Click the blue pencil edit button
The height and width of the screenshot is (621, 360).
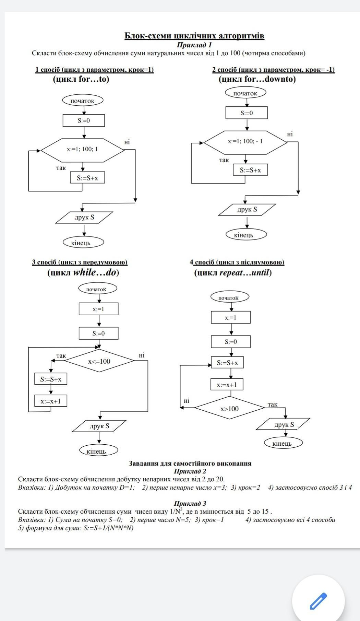pyautogui.click(x=318, y=601)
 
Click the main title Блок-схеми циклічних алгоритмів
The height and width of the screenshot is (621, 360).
pyautogui.click(x=194, y=36)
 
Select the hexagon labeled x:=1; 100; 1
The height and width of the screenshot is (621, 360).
pyautogui.click(x=82, y=150)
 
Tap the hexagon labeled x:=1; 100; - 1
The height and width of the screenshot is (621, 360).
pyautogui.click(x=245, y=141)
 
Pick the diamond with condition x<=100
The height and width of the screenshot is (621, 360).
pyautogui.click(x=99, y=361)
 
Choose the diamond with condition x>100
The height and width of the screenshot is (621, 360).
pyautogui.click(x=229, y=409)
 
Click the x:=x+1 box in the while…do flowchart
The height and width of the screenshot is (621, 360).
pyautogui.click(x=51, y=401)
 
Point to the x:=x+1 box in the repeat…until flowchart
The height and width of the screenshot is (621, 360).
pyautogui.click(x=227, y=385)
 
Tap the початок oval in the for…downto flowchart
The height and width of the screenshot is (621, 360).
pyautogui.click(x=245, y=93)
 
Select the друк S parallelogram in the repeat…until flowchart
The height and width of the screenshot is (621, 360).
pyautogui.click(x=284, y=424)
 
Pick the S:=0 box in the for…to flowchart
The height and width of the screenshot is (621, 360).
pyautogui.click(x=84, y=120)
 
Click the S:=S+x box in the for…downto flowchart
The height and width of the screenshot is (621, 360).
pyautogui.click(x=250, y=170)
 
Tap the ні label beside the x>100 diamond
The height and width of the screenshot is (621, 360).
pyautogui.click(x=187, y=401)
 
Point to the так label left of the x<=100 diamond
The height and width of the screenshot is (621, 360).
pyautogui.click(x=61, y=356)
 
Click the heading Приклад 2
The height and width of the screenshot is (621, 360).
pyautogui.click(x=190, y=471)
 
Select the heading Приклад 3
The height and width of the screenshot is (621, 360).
pyautogui.click(x=190, y=503)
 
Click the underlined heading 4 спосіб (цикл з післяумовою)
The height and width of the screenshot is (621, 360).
pyautogui.click(x=237, y=262)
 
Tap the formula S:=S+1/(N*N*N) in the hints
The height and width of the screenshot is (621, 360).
pyautogui.click(x=109, y=528)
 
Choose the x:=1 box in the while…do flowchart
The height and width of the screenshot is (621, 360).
pyautogui.click(x=98, y=309)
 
